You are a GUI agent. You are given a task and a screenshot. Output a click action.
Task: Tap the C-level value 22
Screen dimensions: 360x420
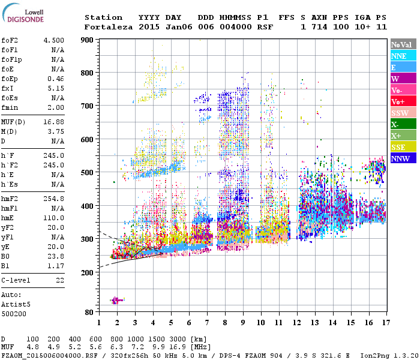[x=59, y=280]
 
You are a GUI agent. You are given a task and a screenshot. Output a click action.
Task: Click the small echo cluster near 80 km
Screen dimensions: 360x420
[x=116, y=300]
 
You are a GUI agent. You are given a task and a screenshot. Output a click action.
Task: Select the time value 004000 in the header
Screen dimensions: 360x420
[x=235, y=27]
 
